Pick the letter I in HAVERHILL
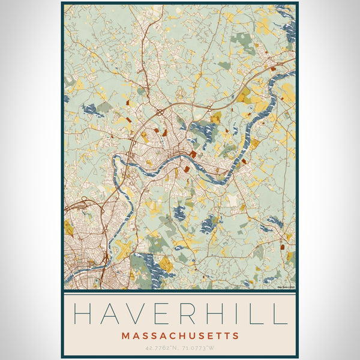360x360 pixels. pos(244,314)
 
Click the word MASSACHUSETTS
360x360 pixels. pos(180,335)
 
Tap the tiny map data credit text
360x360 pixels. pos(286,287)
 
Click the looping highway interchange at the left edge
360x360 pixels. pos(84,204)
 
